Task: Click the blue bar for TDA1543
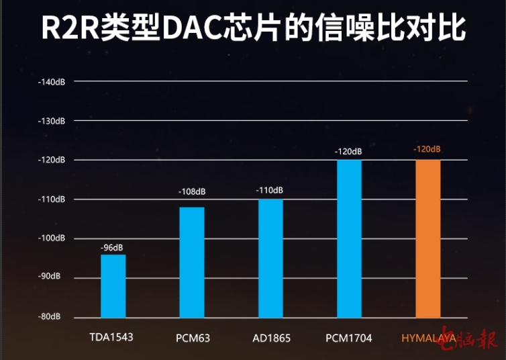tap(113, 285)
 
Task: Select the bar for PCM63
tap(191, 262)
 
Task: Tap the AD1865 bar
tap(270, 258)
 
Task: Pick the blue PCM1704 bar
tap(349, 238)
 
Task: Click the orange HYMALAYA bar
tap(428, 238)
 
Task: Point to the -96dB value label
tap(112, 248)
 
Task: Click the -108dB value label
tap(191, 191)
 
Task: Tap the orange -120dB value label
tap(427, 148)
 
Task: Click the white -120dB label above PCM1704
tap(348, 151)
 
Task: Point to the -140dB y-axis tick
tap(52, 82)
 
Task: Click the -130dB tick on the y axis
tap(52, 121)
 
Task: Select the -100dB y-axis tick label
tap(52, 238)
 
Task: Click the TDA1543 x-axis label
tap(111, 336)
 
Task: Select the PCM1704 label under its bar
tap(348, 337)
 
